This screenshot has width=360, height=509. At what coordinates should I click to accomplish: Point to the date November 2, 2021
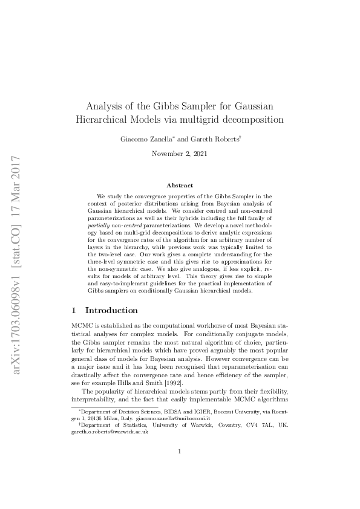tap(180, 154)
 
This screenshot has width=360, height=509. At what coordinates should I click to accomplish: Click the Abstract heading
tap(180, 186)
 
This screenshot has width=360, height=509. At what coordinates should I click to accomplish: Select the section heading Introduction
tap(111, 310)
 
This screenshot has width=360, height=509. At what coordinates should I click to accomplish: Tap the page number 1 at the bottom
tap(180, 468)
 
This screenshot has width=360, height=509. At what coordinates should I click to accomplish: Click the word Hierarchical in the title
tap(103, 120)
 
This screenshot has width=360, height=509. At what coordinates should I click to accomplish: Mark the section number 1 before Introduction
tap(74, 310)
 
